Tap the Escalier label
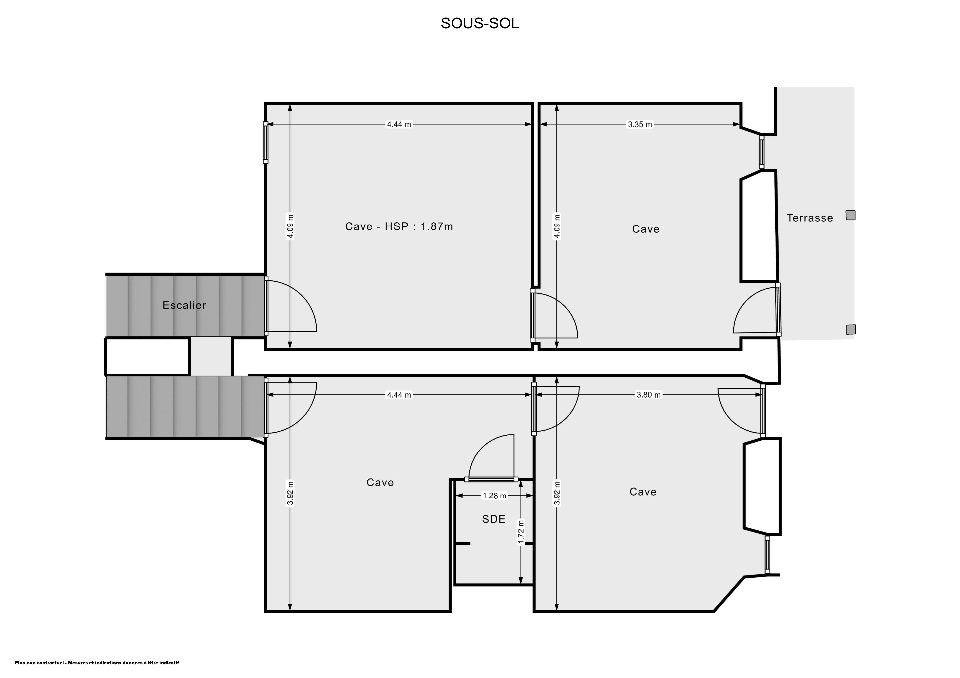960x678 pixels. click(184, 305)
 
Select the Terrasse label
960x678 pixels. click(810, 218)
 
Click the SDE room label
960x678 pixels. click(494, 519)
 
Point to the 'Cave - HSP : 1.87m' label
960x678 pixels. click(399, 226)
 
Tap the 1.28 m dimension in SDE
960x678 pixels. click(495, 496)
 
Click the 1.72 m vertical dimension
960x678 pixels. click(521, 532)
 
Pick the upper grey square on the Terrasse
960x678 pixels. click(850, 215)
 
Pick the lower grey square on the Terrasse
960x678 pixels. click(851, 330)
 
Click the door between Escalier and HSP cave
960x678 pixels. click(291, 306)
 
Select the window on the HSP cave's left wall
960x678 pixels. click(265, 142)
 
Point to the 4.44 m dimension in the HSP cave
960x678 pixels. click(399, 124)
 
